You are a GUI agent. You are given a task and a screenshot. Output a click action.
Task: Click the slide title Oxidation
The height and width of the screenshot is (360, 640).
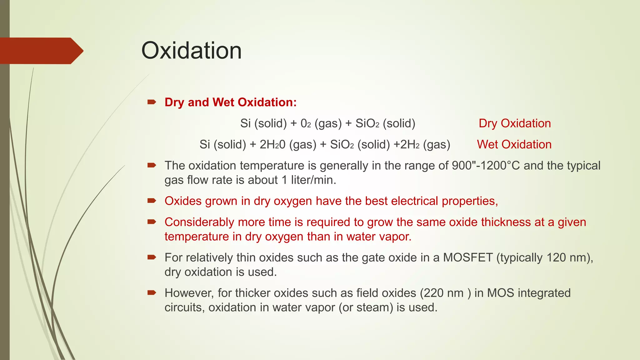192,51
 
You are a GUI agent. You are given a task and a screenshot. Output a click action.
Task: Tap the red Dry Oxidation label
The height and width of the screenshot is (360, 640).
515,123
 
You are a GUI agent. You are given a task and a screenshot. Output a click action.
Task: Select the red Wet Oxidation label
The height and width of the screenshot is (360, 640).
514,144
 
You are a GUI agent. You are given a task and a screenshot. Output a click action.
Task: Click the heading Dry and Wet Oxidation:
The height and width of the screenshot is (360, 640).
231,102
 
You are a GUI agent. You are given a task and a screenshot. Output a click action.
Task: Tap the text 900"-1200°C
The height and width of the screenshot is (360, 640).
486,166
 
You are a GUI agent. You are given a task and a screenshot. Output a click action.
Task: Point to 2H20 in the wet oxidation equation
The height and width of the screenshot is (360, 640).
272,144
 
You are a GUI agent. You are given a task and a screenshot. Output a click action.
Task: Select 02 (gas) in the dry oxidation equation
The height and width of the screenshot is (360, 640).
321,123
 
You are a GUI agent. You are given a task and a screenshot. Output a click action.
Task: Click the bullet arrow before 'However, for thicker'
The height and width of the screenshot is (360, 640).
152,293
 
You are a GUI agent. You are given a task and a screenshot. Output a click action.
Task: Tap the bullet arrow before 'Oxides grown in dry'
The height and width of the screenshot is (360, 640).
152,201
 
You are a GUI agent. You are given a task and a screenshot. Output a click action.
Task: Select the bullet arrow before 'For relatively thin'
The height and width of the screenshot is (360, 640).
152,257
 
